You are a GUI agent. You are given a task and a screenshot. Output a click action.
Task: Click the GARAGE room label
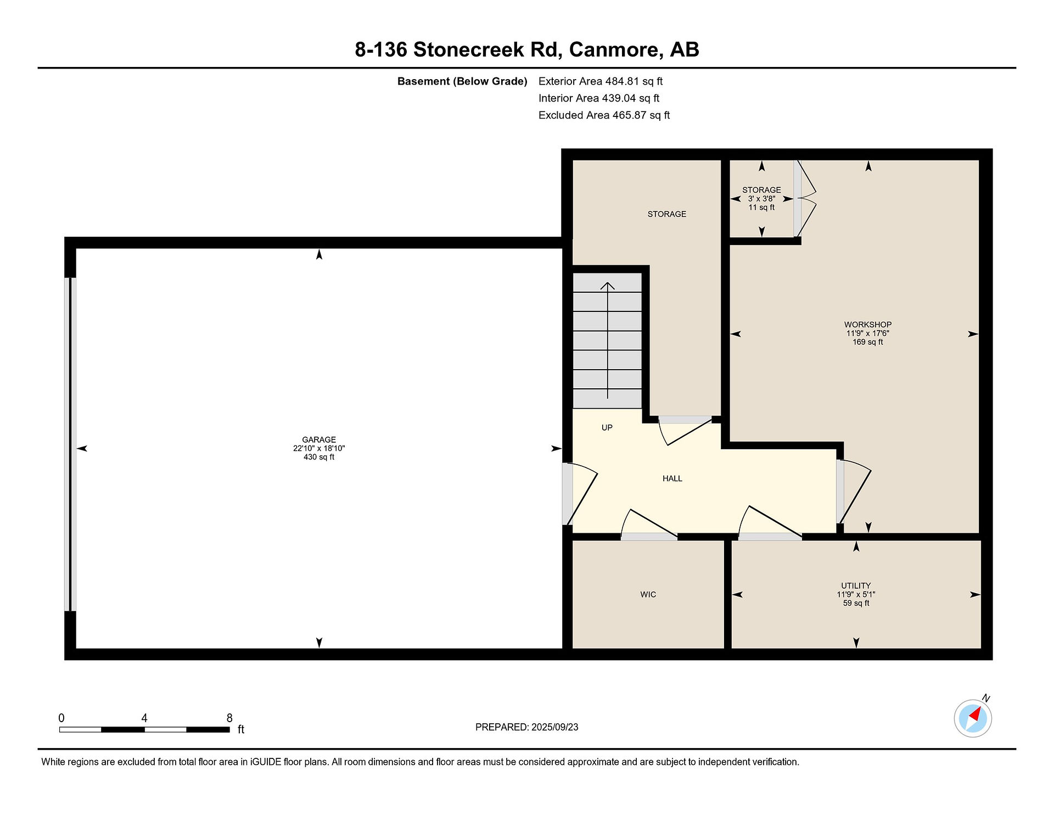click(319, 439)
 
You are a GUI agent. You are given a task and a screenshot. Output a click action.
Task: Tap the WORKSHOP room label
click(868, 325)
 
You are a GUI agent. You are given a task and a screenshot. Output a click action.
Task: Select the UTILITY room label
click(856, 585)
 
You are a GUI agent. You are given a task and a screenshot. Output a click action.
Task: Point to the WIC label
click(648, 594)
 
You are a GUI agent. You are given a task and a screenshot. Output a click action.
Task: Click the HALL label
click(672, 478)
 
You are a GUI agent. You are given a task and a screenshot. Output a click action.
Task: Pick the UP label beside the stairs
click(607, 427)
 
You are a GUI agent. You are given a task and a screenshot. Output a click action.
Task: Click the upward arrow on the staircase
click(607, 340)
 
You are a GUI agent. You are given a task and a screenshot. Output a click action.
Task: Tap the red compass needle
click(975, 715)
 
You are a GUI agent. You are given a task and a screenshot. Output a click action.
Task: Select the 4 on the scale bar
click(144, 718)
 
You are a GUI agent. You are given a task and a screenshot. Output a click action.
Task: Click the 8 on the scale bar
click(229, 718)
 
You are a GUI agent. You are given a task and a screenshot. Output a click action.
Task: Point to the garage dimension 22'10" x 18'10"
click(319, 448)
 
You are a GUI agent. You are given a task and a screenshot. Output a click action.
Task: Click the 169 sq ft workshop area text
click(868, 342)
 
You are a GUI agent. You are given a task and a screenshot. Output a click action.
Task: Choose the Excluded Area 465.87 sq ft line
click(604, 115)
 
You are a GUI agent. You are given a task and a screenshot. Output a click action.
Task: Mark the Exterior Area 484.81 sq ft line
click(601, 81)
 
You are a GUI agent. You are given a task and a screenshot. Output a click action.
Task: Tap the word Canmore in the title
click(614, 49)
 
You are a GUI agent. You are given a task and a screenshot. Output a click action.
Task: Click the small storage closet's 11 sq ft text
click(761, 207)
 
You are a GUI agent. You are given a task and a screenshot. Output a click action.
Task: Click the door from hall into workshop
click(854, 490)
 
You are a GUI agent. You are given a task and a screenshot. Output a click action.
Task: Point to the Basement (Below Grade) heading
click(462, 81)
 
